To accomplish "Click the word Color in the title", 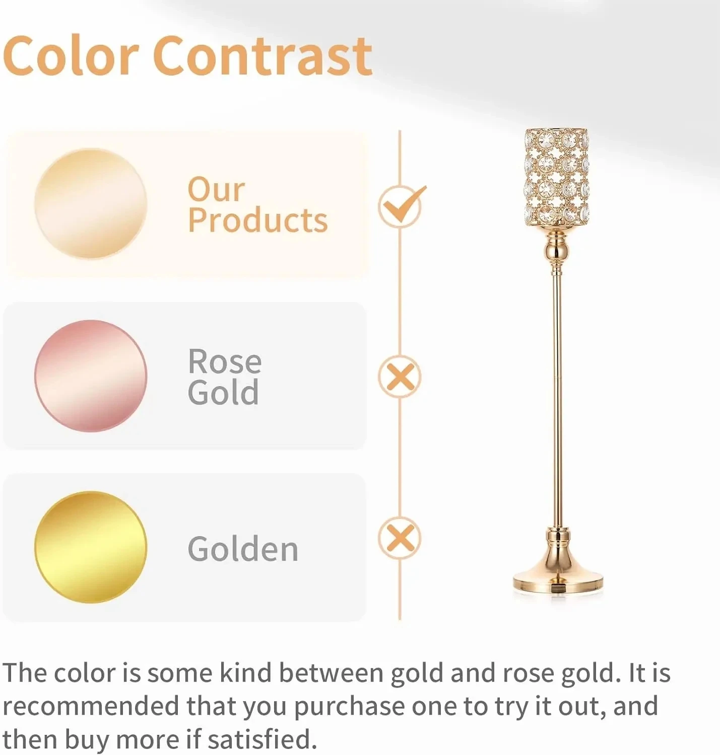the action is [71, 56].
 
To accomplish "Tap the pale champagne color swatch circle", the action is [91, 203].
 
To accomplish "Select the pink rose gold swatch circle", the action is [91, 375].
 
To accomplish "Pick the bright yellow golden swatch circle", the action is [91, 547].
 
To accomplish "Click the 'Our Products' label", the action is [257, 205].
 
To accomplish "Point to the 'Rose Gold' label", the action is [225, 376].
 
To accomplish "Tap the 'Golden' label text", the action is [243, 549].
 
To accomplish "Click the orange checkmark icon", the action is [402, 205].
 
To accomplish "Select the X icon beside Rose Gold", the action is [400, 376].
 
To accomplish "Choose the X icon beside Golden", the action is [400, 538].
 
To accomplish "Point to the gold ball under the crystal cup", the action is [557, 251].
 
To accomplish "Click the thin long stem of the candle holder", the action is [557, 399].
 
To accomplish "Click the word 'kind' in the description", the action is [245, 673].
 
